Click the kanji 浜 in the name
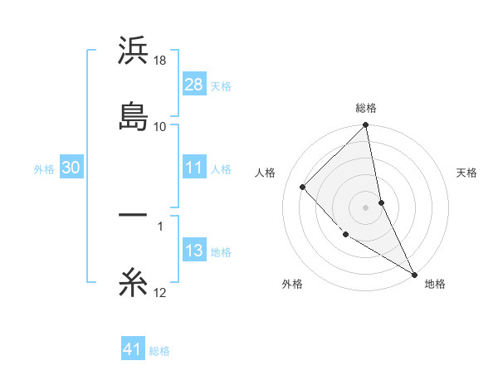click(133, 51)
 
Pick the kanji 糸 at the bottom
click(133, 285)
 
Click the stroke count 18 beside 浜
click(160, 61)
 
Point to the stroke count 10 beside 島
click(160, 126)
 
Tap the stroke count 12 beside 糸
click(160, 294)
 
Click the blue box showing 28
click(193, 84)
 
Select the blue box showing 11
click(193, 168)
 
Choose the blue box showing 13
click(193, 251)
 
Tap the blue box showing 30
click(71, 168)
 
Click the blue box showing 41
click(133, 350)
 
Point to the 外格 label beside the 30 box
click(44, 168)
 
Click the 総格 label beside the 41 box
click(159, 351)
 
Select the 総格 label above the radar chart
click(366, 109)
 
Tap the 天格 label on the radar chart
click(466, 173)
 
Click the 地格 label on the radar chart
click(435, 285)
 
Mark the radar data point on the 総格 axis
click(366, 126)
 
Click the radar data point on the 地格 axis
click(414, 274)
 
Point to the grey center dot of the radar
click(366, 207)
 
